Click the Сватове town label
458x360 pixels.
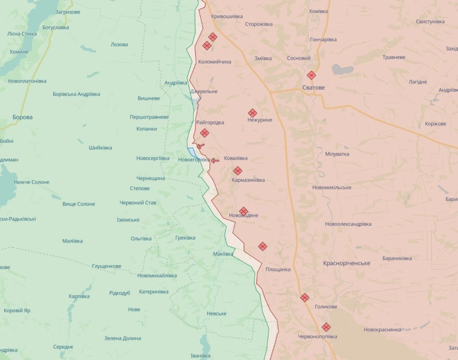(x=314, y=88)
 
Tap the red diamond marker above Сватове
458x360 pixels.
(x=311, y=75)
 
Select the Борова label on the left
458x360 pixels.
(x=22, y=117)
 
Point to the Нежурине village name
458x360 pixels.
(x=260, y=120)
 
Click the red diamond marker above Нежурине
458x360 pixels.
(x=253, y=113)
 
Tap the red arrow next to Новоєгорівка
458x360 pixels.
(x=215, y=160)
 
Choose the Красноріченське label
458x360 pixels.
(x=346, y=263)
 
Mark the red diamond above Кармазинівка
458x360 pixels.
(x=238, y=171)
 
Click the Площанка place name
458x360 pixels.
(x=278, y=269)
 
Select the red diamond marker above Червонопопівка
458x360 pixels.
(x=326, y=327)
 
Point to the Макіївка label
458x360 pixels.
(x=223, y=254)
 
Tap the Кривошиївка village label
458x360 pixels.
(x=227, y=16)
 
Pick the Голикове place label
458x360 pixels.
(x=326, y=307)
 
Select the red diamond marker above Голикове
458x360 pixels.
(x=305, y=298)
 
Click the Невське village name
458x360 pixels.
(x=217, y=314)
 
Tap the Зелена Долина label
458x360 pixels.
(x=122, y=338)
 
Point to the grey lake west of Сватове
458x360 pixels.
(x=342, y=69)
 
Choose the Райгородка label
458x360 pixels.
(x=210, y=123)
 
